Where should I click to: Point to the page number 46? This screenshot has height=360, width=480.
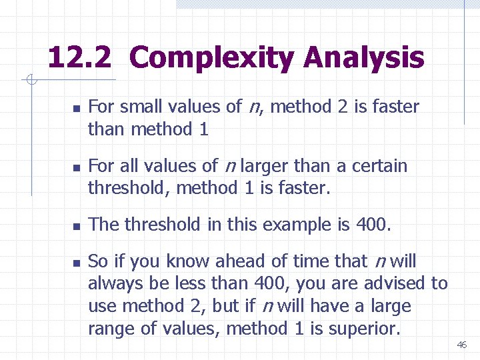pos(462,345)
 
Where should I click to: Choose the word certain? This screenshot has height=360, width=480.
pos(379,165)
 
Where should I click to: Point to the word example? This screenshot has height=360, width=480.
pos(292,225)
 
